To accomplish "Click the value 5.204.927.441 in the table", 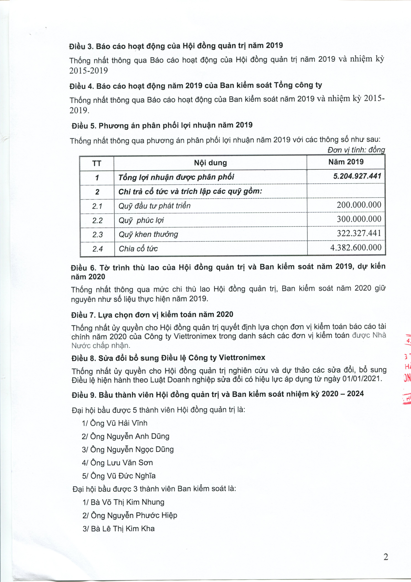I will coord(357,176).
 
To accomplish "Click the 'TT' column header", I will coord(97,163).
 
